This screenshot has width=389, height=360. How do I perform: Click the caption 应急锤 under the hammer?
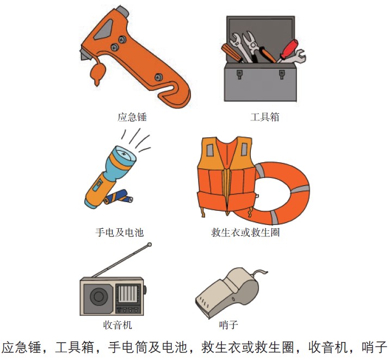tap(132, 117)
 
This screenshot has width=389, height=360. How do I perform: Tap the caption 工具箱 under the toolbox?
tap(265, 117)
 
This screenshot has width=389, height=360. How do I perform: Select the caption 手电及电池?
tap(120, 233)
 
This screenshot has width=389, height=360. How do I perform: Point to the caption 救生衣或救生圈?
tap(245, 233)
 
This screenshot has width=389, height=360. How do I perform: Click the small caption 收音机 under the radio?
tap(118, 325)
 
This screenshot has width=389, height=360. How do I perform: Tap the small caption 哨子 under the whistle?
tap(229, 325)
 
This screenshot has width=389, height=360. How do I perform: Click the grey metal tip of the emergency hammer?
tap(122, 10)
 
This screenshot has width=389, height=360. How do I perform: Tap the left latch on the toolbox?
tap(239, 74)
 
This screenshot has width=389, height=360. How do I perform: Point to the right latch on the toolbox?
tap(282, 74)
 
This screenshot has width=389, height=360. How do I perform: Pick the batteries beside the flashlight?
tap(119, 197)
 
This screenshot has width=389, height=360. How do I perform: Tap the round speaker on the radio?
tap(98, 297)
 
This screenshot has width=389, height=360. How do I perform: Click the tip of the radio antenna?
tap(150, 245)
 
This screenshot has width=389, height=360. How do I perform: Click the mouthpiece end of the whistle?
tap(202, 306)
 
